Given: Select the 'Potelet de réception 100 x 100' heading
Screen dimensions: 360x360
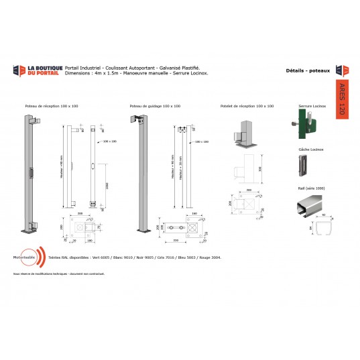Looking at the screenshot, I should point(247,106).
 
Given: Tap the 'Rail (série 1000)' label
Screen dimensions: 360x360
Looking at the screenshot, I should point(309,189).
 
